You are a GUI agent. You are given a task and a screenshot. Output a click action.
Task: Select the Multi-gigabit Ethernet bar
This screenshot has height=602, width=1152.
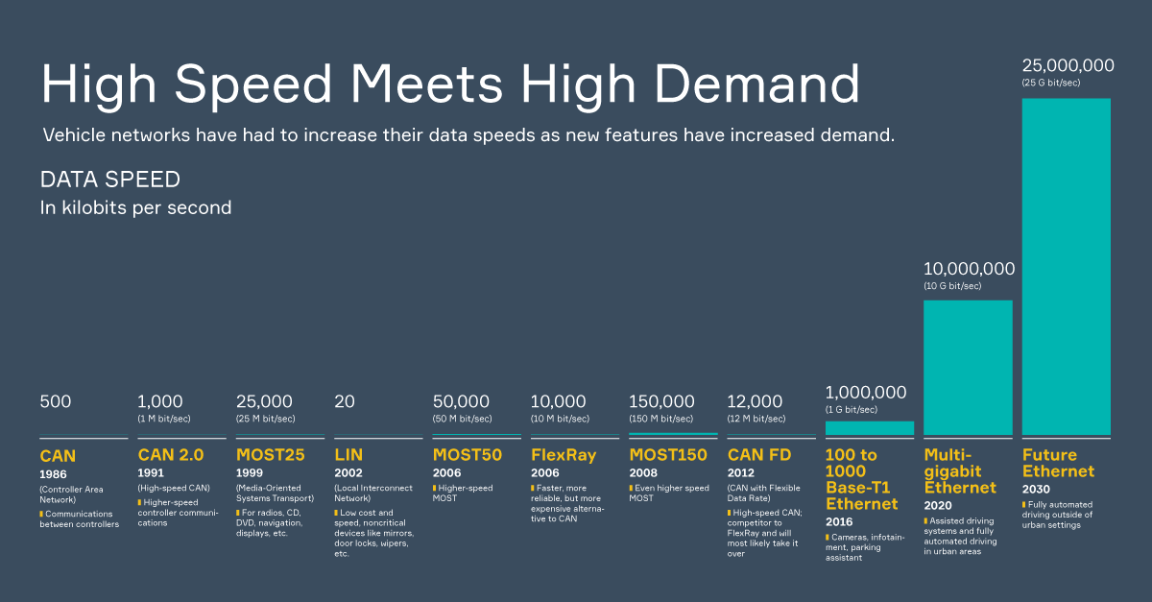pos(968,368)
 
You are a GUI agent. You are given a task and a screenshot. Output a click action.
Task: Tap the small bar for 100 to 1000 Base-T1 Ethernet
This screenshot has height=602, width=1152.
pos(869,428)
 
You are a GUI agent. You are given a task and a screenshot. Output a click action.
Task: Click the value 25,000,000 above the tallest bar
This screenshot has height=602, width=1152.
pos(1068,66)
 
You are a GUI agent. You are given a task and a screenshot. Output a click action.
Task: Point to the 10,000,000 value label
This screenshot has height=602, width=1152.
pos(969,269)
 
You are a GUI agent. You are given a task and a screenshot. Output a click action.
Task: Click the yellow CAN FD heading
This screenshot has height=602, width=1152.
pos(759,455)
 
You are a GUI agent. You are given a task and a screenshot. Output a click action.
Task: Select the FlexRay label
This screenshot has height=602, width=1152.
pos(564,455)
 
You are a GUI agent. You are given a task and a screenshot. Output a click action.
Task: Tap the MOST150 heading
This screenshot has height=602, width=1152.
pos(667,455)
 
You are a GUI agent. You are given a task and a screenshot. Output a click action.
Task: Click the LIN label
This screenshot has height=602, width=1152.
pos(348,455)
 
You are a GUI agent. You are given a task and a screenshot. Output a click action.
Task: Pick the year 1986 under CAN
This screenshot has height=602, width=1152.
pos(54,474)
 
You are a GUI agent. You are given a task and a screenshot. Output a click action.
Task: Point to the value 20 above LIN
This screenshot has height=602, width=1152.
pos(344,401)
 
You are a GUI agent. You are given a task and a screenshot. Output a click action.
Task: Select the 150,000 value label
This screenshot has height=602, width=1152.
pos(661,401)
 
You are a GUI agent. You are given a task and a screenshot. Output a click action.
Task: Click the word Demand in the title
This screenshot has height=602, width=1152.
pos(758,84)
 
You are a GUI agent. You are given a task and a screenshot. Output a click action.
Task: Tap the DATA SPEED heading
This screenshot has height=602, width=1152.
pos(109,180)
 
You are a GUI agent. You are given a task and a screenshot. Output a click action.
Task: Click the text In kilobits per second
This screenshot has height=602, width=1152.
pos(135,207)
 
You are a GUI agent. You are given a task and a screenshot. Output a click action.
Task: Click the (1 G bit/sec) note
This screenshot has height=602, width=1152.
pos(851,409)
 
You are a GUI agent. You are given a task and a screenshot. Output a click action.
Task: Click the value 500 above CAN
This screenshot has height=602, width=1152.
pos(55,401)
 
